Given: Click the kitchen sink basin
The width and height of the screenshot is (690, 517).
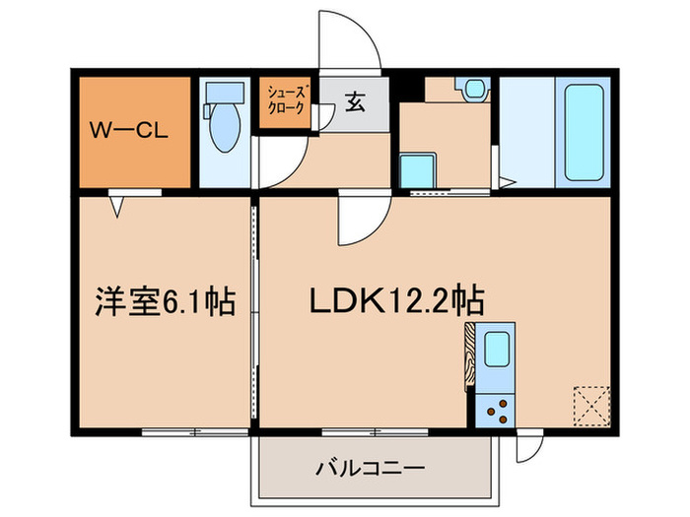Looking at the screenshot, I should click(495, 351).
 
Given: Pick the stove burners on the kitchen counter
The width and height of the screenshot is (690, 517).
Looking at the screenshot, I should click(495, 407).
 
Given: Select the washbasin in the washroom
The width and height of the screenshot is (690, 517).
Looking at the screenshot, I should click(475, 88).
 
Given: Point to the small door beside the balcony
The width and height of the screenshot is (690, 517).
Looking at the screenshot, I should click(528, 449).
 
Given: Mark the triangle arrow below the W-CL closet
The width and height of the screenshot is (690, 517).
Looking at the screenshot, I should click(118, 204).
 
